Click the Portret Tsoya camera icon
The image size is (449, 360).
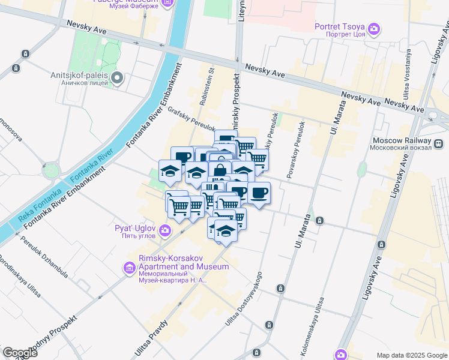coord(374,28)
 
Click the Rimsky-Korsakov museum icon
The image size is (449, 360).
coord(129,267)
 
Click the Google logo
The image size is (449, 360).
coord(20,353)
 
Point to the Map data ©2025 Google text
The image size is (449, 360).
coord(411,355)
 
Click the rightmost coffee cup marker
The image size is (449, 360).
coord(259,193)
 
